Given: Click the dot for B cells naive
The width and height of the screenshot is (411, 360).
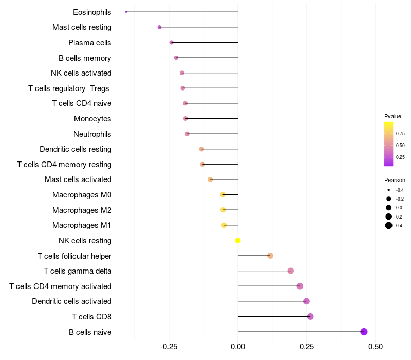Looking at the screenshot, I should [364, 332].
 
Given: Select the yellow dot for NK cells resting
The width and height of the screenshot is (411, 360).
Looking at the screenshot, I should [238, 240].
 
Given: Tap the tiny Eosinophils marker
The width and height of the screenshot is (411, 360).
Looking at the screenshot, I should [126, 12].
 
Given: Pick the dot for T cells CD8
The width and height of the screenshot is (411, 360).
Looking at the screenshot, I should [310, 316].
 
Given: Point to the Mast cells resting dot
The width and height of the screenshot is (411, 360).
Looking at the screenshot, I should [159, 27].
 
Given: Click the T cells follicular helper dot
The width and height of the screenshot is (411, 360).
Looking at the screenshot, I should [270, 256].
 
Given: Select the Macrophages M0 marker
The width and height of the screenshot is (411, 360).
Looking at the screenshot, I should [222, 195].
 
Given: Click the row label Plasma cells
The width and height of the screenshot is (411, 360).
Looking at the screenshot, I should [90, 43].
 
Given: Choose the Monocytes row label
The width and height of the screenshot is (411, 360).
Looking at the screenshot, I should [92, 119].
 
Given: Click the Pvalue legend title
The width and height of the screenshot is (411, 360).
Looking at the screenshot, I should [393, 116].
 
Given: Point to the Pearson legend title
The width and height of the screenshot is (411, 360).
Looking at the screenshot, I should [395, 181].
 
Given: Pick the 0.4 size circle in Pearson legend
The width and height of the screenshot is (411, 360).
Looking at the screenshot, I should [389, 225].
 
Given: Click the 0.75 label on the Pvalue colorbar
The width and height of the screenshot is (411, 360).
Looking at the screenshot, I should [400, 133].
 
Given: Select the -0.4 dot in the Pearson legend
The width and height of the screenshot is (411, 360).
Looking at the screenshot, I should [389, 190].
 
